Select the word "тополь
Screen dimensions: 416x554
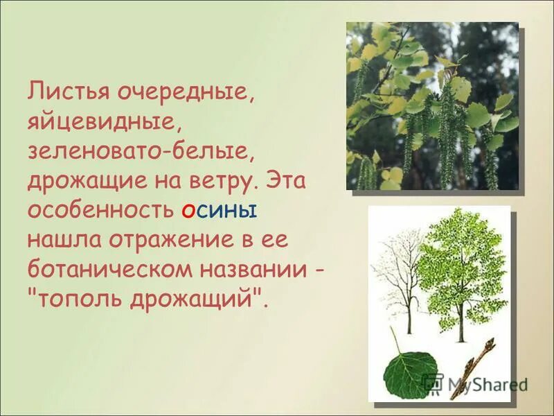[71, 300]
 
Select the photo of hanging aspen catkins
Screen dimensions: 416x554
[432, 106]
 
